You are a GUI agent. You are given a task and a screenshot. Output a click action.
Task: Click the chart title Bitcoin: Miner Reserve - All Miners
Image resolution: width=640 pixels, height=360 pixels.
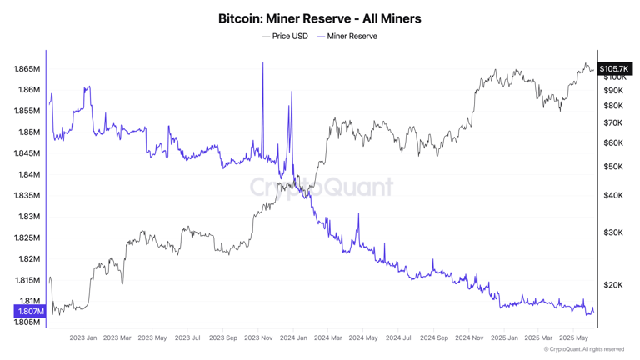tap(320, 18)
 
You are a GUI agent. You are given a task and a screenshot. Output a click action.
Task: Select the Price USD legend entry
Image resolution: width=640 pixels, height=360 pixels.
tap(285, 37)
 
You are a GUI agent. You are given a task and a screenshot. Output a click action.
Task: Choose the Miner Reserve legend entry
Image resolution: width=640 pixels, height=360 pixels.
tap(347, 37)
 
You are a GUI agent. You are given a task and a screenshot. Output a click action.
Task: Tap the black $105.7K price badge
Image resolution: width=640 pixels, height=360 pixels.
tap(614, 68)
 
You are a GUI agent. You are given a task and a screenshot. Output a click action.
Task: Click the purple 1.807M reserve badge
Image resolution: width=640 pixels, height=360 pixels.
tap(29, 312)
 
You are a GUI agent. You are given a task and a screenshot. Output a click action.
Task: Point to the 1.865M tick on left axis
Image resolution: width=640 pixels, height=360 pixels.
tap(27, 68)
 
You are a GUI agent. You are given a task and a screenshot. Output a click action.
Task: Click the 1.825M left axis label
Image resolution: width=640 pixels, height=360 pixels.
tap(27, 237)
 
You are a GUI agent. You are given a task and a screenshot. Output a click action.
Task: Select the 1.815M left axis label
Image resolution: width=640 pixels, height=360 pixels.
tap(27, 280)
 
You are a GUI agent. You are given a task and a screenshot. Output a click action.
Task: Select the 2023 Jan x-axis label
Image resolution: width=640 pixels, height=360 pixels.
tap(83, 337)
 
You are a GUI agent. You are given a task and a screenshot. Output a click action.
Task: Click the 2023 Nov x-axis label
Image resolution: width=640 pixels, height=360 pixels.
tap(258, 337)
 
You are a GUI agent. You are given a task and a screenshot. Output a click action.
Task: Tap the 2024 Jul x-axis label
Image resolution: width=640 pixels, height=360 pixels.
tap(398, 337)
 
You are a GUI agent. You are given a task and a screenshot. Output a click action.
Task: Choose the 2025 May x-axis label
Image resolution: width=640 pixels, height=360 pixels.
tap(573, 337)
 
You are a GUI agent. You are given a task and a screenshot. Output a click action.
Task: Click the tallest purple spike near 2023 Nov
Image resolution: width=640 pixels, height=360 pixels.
tap(263, 64)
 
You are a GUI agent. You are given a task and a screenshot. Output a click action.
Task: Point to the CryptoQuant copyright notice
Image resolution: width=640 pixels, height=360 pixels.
tap(583, 349)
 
